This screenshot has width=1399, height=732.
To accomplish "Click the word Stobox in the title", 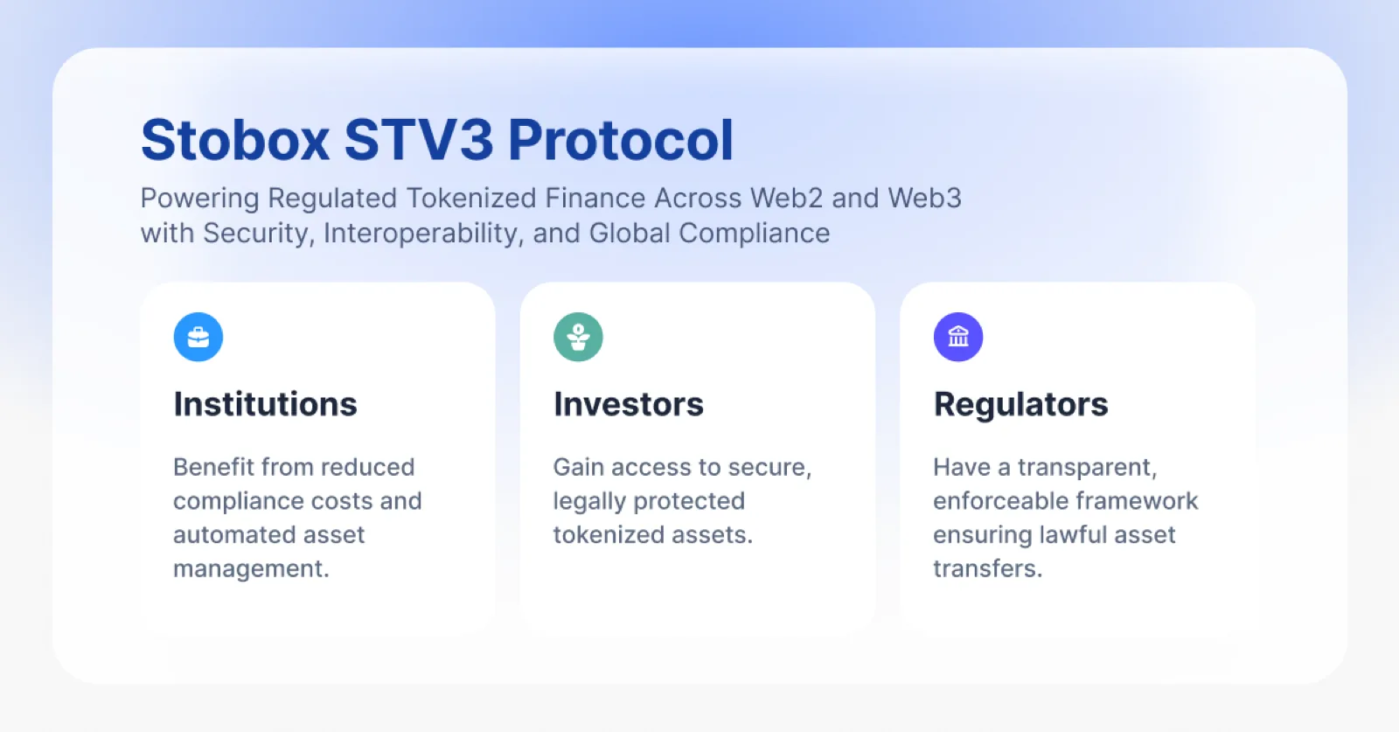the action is click(235, 140).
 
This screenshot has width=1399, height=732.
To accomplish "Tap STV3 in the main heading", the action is click(419, 140).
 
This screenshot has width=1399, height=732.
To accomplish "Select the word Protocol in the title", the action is click(620, 140).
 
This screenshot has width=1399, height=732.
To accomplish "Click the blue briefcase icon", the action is click(198, 338).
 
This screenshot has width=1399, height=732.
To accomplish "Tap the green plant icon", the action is click(578, 338).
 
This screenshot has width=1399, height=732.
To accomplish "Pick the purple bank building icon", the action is click(958, 338).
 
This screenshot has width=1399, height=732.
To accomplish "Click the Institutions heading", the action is click(266, 404).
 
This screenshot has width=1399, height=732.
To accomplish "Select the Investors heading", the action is click(629, 404).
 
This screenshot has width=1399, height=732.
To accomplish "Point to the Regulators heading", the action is click(1020, 405).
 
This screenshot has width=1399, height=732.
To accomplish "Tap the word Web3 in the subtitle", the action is click(925, 198).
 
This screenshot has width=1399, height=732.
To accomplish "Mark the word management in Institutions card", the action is click(251, 569).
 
